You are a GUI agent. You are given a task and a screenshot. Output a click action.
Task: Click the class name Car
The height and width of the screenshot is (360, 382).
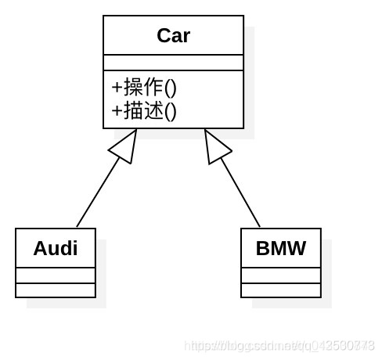[173, 36]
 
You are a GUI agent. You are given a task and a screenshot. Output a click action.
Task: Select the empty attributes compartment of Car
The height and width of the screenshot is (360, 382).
[173, 63]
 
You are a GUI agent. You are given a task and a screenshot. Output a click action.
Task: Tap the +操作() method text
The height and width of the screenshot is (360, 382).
[144, 87]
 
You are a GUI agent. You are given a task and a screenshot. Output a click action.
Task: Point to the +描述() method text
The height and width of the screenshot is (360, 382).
[144, 110]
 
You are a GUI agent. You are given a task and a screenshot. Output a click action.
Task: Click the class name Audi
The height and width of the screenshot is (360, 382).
[55, 249]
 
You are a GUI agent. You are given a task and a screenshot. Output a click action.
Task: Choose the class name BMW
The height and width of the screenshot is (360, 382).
[280, 249]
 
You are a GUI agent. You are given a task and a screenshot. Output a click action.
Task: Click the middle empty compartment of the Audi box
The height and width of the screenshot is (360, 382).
[55, 275]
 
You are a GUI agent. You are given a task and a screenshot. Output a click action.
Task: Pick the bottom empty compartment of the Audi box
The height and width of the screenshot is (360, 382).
[55, 290]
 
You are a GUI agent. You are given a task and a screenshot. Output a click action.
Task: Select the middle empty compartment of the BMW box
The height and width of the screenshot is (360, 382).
[280, 275]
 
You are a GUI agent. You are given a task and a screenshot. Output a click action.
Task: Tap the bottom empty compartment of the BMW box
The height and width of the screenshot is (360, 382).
[280, 290]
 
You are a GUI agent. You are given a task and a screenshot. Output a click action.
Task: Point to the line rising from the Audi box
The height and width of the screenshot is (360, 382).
[97, 193]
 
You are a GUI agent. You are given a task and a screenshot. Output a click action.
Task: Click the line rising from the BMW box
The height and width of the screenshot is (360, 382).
[241, 193]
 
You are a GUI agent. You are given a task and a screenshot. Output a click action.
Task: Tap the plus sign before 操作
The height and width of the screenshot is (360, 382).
[117, 87]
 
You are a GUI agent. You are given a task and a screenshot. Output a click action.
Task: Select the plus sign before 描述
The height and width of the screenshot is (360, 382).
[117, 110]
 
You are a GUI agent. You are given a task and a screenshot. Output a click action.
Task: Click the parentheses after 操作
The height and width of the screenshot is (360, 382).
[170, 87]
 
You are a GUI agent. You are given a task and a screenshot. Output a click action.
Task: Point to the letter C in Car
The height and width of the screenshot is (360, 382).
[164, 36]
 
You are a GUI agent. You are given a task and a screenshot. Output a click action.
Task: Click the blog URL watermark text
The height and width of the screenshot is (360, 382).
[279, 345]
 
